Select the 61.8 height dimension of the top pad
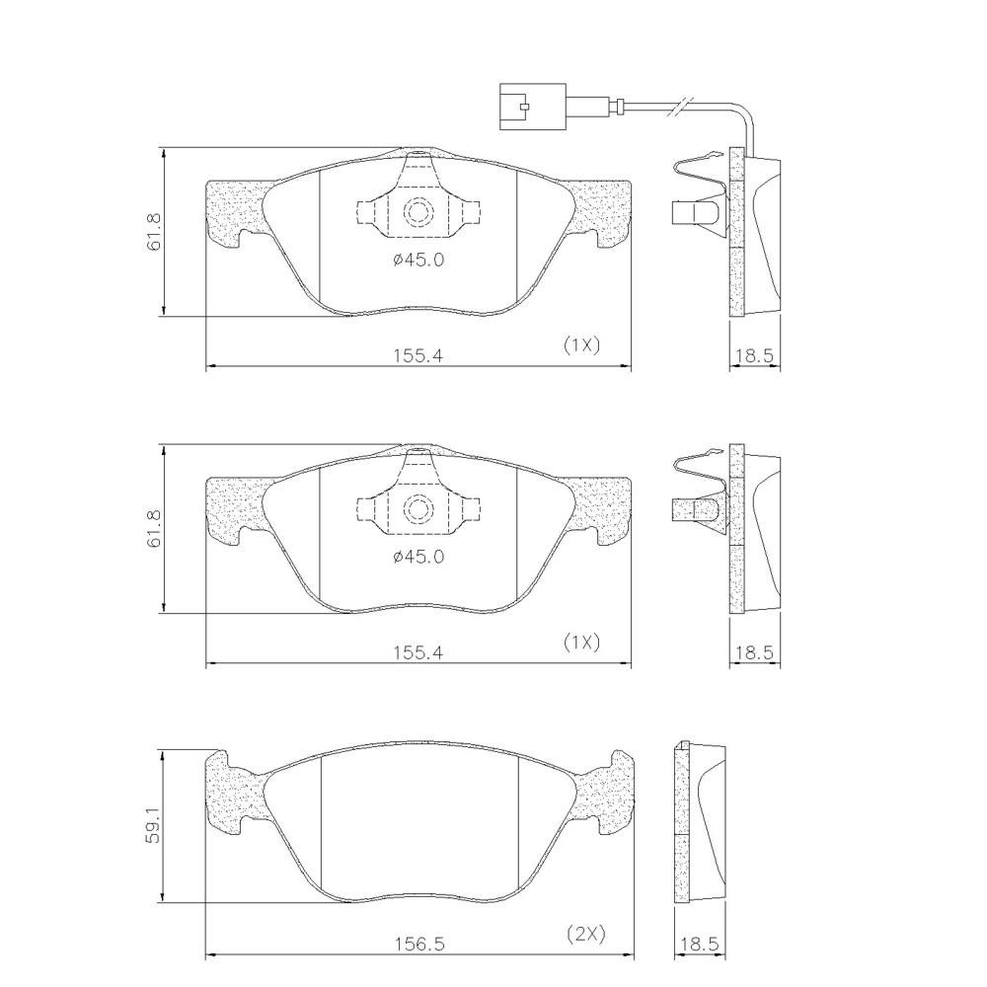154,232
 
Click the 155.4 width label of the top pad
418,355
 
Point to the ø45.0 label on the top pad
418,259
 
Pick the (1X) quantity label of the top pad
581,344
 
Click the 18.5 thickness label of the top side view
754,355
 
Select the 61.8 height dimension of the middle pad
154,529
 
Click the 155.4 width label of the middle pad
418,652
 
